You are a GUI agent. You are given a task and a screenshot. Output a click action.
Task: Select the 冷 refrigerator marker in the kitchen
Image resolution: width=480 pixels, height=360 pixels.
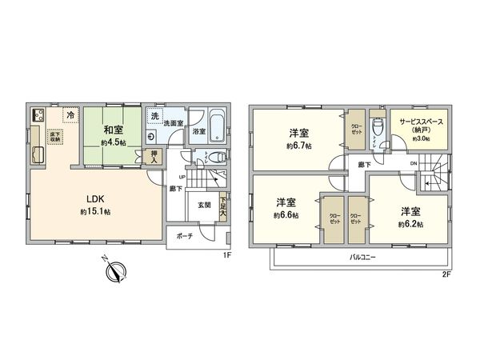click(70, 115)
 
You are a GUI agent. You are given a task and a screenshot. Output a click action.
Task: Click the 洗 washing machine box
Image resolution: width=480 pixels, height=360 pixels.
click(154, 117)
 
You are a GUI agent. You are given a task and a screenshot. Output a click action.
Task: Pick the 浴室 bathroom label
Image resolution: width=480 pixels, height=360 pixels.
click(198, 130)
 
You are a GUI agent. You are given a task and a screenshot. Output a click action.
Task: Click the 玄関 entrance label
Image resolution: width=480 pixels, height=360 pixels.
click(205, 205)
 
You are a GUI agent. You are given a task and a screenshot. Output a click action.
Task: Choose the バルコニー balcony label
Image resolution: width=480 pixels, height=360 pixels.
click(364, 258)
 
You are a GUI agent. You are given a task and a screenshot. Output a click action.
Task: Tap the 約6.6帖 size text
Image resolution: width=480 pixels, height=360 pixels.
click(286, 215)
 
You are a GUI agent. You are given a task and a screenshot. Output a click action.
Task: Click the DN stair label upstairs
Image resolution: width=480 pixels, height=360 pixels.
click(412, 164)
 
